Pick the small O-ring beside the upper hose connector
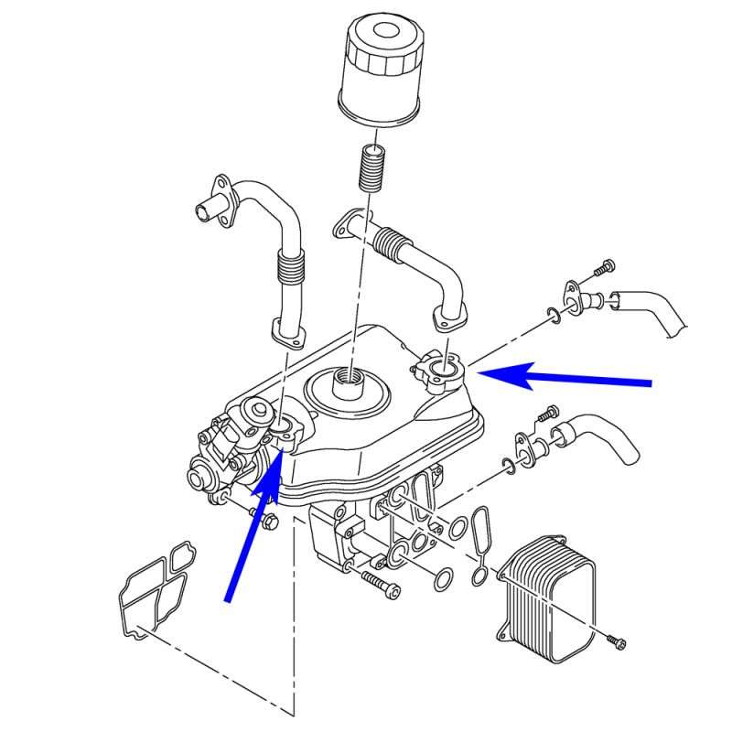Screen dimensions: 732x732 click(x=552, y=316)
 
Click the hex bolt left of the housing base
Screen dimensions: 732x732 click(x=266, y=521)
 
